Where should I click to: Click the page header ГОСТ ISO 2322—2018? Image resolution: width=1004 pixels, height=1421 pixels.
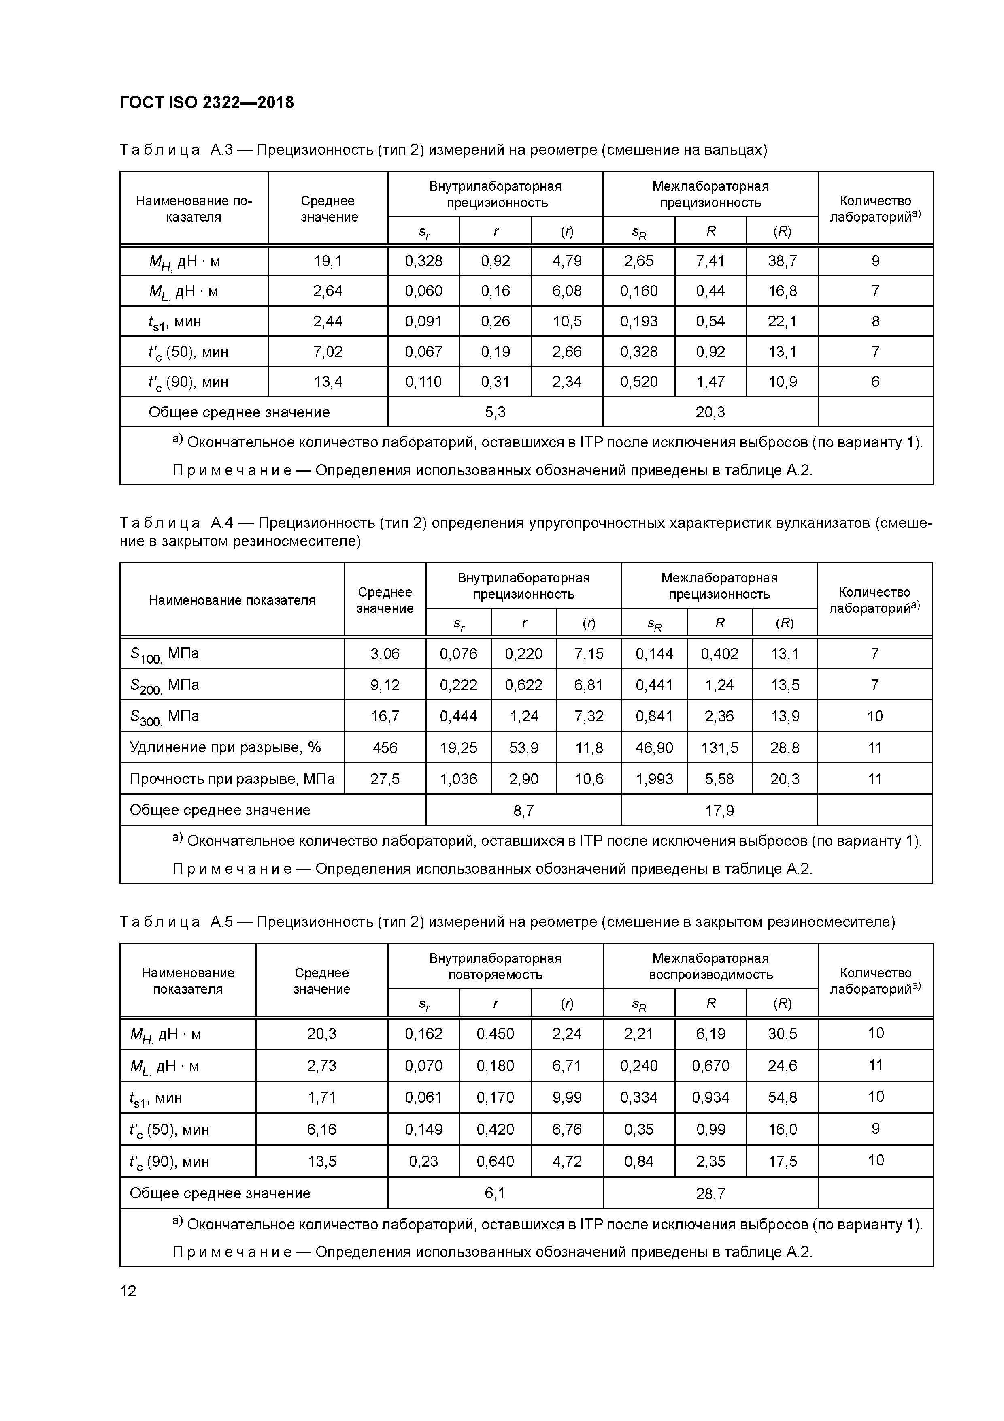point(206,103)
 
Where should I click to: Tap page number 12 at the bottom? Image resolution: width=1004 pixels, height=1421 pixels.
point(128,1291)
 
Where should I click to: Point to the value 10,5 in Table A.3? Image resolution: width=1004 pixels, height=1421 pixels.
point(567,322)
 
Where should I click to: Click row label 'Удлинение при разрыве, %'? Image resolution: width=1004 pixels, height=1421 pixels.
point(225,748)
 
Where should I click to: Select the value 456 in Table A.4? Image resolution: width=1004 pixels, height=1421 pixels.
point(385,748)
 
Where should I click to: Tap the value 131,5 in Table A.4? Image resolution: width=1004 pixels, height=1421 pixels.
point(719,748)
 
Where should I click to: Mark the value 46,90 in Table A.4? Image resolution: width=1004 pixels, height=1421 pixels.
point(654,748)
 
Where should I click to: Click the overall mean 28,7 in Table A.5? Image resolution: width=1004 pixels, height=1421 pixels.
point(710,1194)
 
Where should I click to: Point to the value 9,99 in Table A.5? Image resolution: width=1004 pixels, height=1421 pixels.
point(567,1097)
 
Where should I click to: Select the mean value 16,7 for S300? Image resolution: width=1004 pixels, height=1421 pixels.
point(385,717)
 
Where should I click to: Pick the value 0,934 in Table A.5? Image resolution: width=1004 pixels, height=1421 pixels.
point(710,1097)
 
